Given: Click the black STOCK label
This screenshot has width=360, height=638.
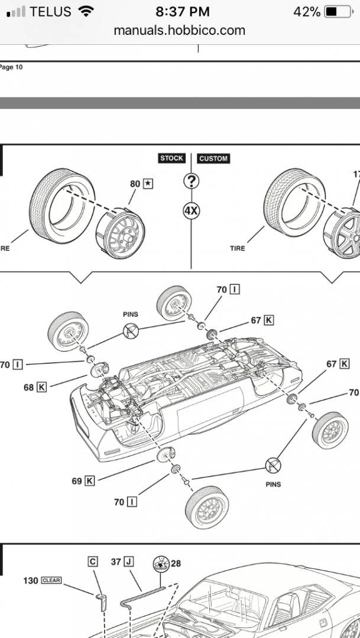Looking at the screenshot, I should (172, 158).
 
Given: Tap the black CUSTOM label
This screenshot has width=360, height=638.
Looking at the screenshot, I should (213, 158).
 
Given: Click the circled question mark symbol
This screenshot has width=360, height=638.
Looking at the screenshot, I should (191, 181).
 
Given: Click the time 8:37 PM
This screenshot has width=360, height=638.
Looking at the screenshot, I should (180, 12).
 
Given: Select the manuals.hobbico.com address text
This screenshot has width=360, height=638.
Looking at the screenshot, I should (180, 30).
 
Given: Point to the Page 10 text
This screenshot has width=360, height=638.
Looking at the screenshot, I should (11, 67).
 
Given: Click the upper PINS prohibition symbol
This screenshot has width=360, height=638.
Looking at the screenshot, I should (131, 331).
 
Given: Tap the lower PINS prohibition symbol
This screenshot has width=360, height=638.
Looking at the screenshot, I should (273, 464).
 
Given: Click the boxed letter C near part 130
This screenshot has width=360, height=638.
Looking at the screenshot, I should (93, 562).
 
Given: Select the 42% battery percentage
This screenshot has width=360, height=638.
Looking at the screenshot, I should (307, 12).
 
